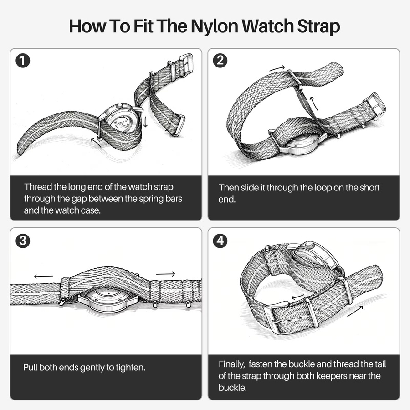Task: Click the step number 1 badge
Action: point(23,61)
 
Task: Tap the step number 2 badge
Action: point(220,61)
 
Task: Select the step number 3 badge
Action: point(23,241)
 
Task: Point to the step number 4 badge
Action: point(220,241)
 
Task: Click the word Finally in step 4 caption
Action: point(231,364)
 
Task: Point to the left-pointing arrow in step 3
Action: point(43,276)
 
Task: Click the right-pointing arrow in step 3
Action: point(165,274)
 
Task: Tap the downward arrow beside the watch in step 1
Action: point(145,121)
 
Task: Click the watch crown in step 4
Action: point(310,245)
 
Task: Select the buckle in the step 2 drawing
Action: point(374,107)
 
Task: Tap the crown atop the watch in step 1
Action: point(120,106)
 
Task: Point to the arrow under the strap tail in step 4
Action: point(355,311)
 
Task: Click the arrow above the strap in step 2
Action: point(277,68)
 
